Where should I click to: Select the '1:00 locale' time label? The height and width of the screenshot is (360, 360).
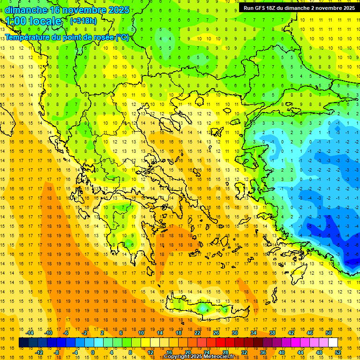[x=34, y=21]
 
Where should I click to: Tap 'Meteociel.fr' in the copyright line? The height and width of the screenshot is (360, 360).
[x=220, y=357]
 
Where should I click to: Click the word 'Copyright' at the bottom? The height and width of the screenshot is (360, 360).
[x=177, y=357]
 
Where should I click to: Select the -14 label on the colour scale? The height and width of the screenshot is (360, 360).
[x=30, y=333]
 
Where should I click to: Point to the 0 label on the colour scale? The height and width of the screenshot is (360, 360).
[x=93, y=352]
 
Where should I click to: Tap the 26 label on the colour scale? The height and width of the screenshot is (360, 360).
[x=216, y=333]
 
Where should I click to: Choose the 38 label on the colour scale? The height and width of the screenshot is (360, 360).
[x=272, y=333]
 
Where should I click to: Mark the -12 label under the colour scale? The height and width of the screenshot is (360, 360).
[x=39, y=352]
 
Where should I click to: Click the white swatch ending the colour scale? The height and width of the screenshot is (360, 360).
[x=333, y=343]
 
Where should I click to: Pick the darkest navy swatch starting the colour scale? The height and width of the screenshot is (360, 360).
[x=23, y=343]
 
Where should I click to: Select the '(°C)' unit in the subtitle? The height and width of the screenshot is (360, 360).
[x=122, y=37]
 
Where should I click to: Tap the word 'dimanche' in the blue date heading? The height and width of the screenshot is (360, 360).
[x=27, y=10]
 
